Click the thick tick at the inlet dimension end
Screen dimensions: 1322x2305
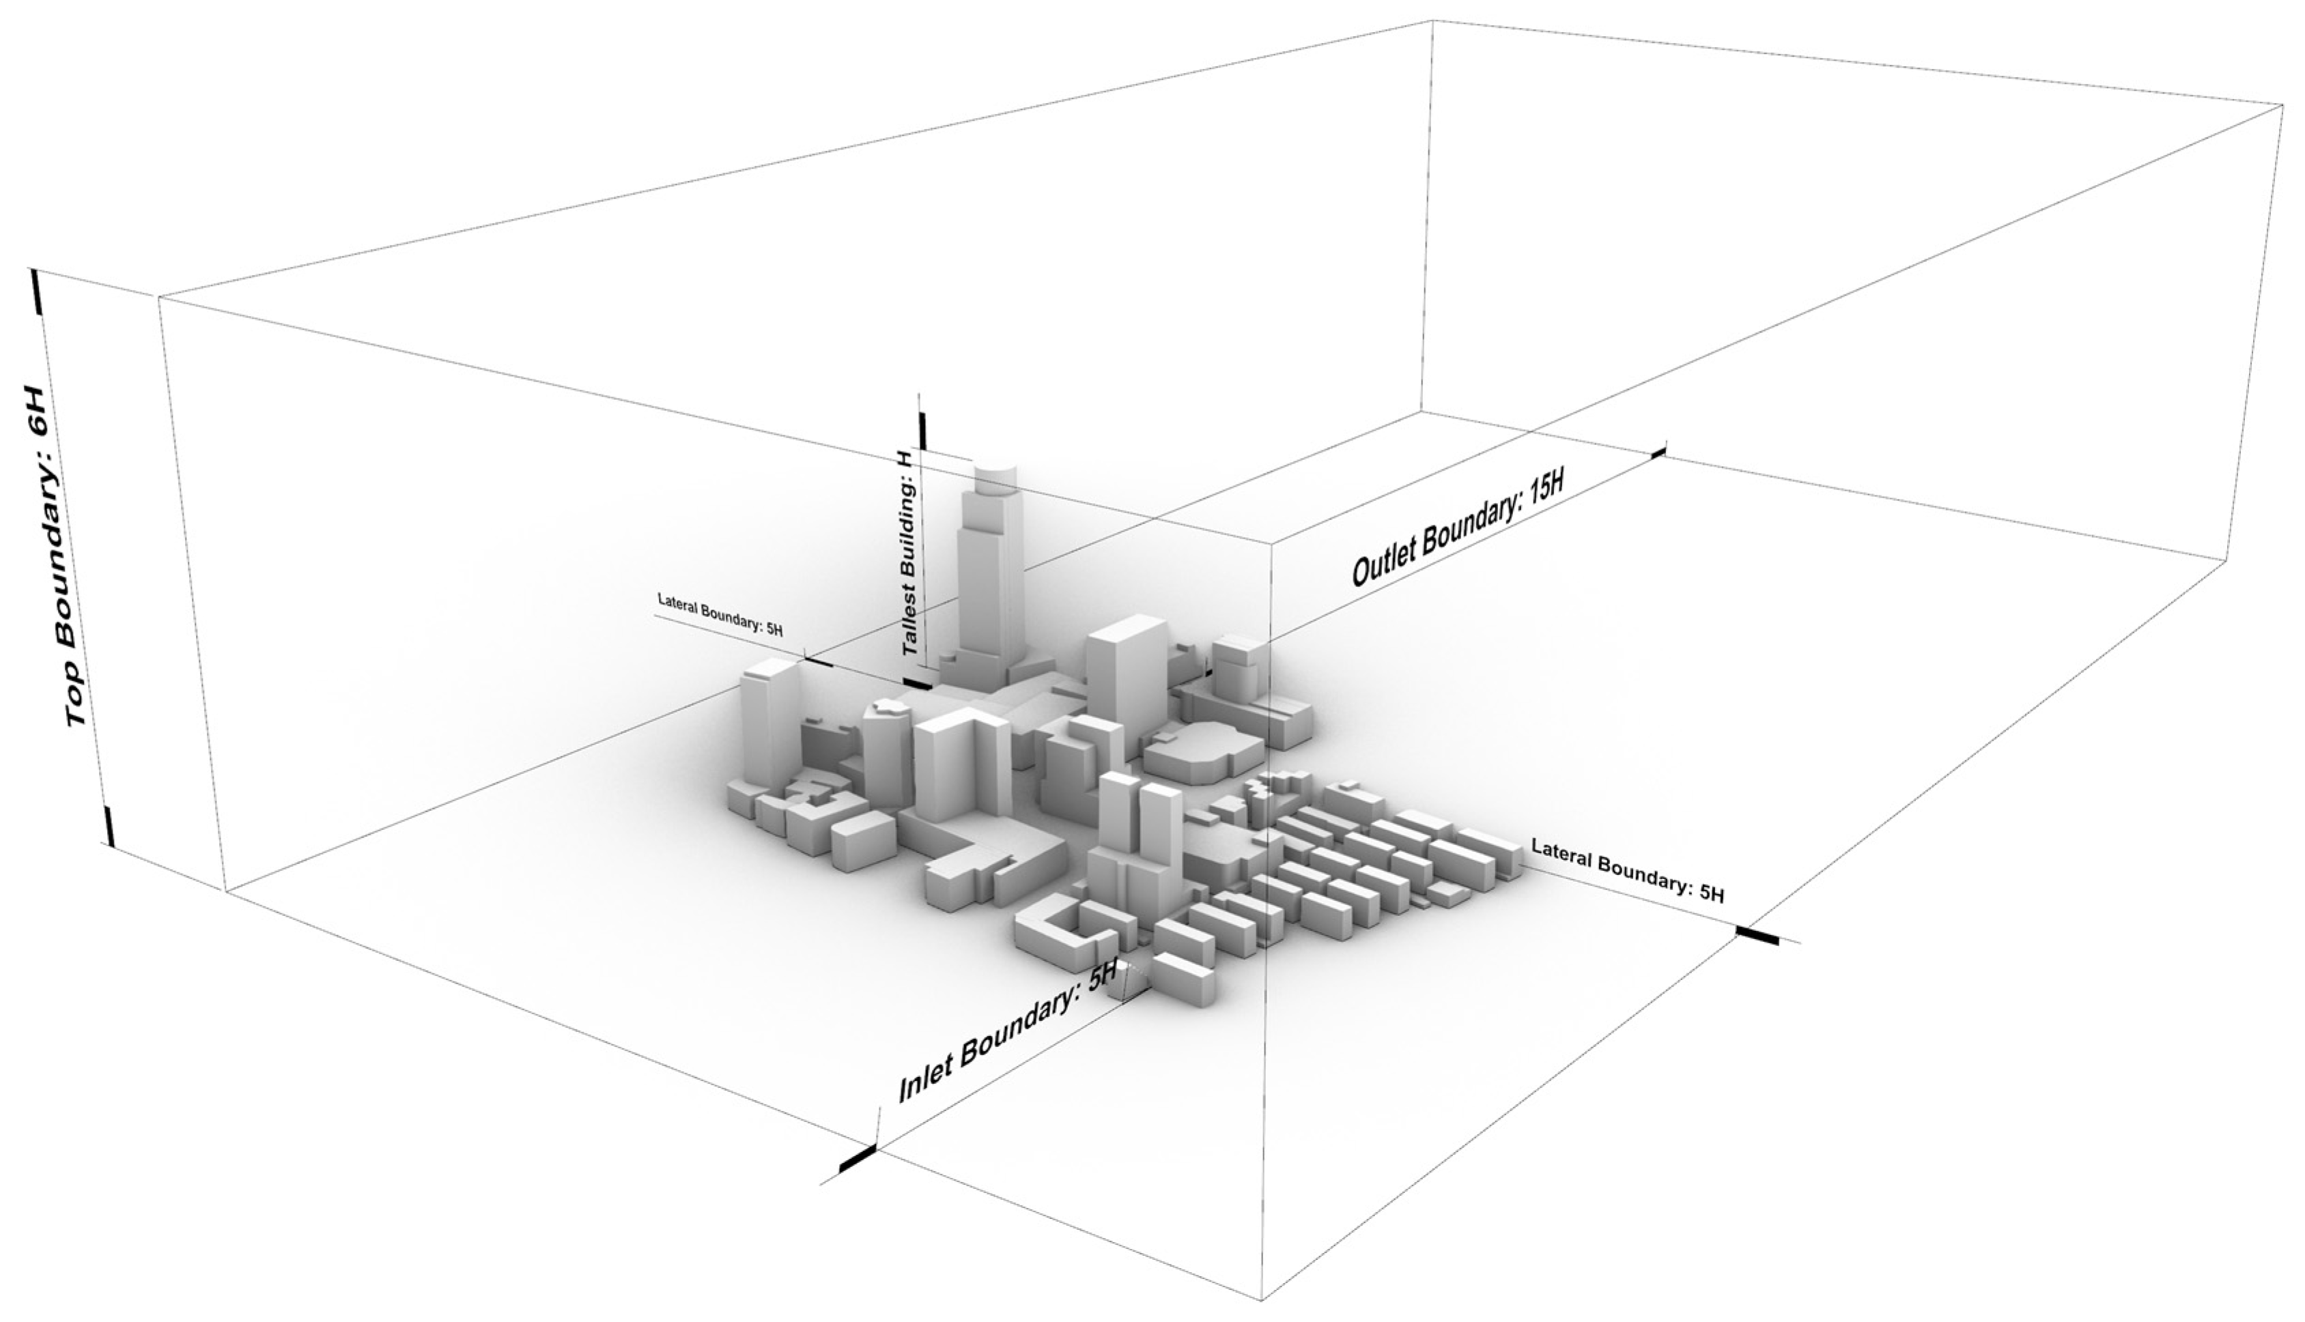pos(858,1160)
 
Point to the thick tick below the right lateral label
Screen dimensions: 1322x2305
pos(1757,936)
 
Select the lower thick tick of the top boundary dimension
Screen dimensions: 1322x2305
pos(110,824)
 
